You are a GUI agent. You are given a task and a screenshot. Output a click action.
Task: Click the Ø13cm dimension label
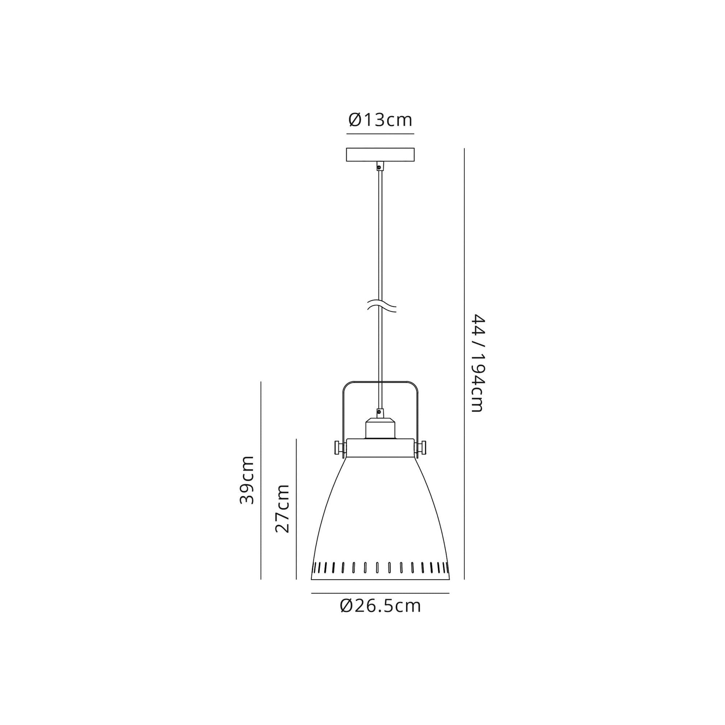(380, 120)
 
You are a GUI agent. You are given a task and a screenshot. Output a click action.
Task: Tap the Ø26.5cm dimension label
(380, 606)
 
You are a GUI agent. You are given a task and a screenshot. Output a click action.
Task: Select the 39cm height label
(247, 480)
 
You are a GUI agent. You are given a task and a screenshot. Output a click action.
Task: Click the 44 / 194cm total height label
(478, 363)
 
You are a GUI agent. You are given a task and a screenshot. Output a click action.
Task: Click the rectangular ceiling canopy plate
(380, 155)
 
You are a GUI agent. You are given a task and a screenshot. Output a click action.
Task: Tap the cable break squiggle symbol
(381, 306)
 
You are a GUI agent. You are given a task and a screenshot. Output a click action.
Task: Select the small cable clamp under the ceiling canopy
(380, 166)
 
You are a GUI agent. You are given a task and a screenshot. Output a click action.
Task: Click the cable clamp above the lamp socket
(380, 413)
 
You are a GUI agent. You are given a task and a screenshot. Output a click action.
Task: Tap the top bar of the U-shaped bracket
(380, 382)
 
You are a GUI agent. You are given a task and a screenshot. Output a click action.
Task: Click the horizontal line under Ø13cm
(380, 134)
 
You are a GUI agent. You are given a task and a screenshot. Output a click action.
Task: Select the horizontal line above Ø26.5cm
(380, 593)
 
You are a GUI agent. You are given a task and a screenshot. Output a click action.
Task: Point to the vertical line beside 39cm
(261, 480)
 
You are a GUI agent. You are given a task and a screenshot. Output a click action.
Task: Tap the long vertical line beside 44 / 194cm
(464, 363)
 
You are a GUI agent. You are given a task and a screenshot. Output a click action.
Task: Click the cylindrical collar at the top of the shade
(380, 448)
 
